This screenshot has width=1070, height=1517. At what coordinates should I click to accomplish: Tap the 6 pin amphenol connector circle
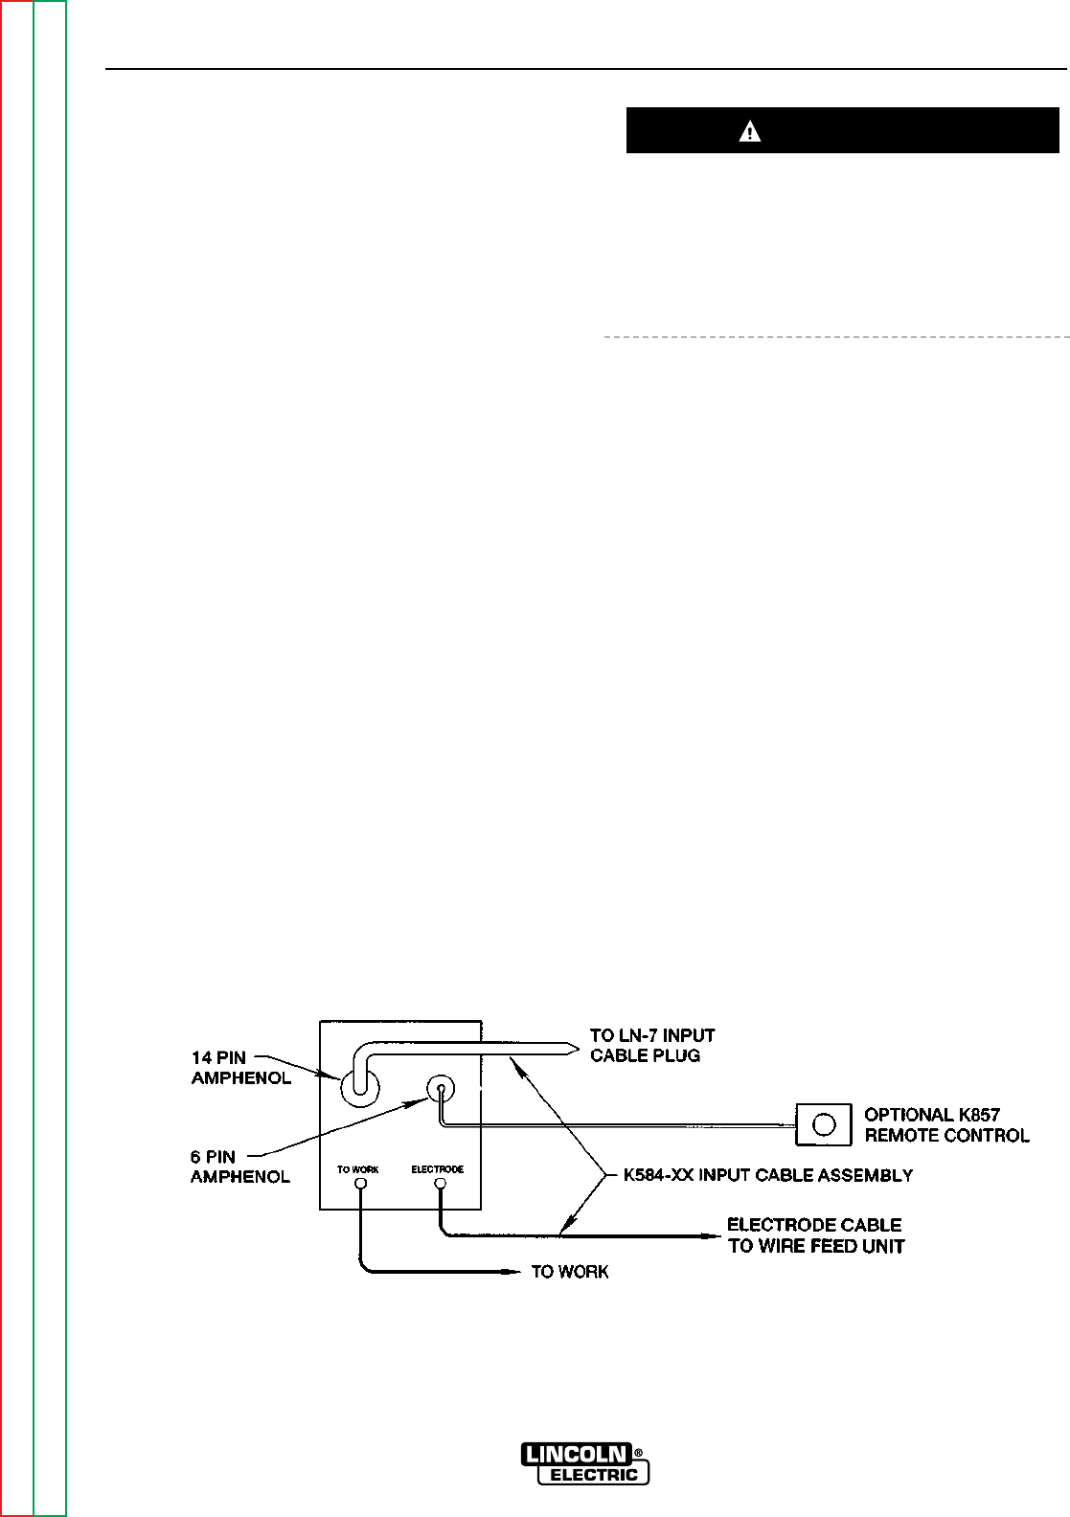tap(440, 1088)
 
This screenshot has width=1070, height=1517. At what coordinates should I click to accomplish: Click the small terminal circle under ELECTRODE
tap(440, 1185)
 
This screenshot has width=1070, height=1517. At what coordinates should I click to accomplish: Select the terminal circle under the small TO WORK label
tap(359, 1185)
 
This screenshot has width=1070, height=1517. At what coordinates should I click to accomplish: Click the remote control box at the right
tap(823, 1124)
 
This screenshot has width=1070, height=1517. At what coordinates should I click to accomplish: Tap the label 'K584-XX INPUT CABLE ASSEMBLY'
tap(767, 1174)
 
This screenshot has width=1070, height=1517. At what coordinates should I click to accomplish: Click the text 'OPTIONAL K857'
tap(932, 1115)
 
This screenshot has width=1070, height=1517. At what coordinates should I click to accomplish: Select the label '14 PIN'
tap(218, 1057)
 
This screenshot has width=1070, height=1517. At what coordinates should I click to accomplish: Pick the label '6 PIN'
tap(213, 1157)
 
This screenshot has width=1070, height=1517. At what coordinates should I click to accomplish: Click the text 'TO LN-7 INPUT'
tap(652, 1035)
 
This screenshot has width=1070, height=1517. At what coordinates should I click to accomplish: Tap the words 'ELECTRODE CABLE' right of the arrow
tap(814, 1225)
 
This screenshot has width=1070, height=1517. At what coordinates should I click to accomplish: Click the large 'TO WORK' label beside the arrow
tap(570, 1272)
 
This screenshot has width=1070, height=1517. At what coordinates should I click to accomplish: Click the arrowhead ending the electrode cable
tap(714, 1235)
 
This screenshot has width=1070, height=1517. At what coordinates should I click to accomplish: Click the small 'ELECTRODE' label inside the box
tap(438, 1169)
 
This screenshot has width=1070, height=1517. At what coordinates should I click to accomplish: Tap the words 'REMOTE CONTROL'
tap(946, 1136)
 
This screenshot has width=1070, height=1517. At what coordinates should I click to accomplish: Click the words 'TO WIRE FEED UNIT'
tap(816, 1246)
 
